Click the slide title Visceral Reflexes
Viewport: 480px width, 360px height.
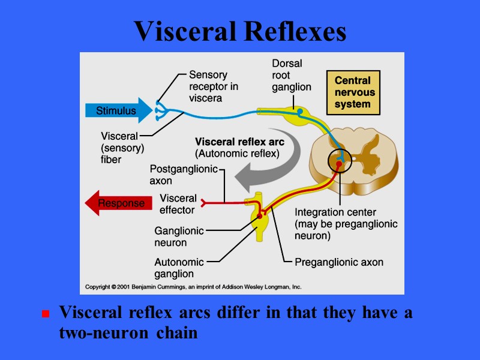(x=240, y=31)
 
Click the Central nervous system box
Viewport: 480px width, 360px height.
(x=353, y=92)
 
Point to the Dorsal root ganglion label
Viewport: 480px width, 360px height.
(x=291, y=75)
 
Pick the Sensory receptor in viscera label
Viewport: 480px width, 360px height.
(x=213, y=86)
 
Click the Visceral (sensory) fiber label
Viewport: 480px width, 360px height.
(x=119, y=148)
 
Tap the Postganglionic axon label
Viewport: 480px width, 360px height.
(x=183, y=175)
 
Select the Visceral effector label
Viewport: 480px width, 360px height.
(x=178, y=204)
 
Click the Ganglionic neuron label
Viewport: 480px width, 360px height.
(x=179, y=236)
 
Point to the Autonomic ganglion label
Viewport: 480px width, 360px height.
(x=179, y=268)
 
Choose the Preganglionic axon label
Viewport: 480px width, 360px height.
(x=339, y=262)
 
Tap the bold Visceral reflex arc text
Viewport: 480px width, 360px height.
(x=239, y=142)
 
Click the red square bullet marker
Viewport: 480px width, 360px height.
(x=44, y=314)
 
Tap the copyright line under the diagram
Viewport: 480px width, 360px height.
(x=193, y=287)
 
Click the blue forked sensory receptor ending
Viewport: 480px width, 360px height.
(x=159, y=110)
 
